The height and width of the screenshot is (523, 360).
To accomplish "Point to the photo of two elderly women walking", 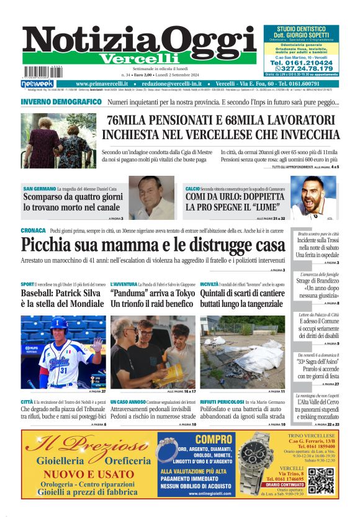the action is pyautogui.click(x=58, y=140).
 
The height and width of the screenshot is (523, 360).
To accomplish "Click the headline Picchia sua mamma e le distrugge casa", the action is pyautogui.click(x=152, y=243).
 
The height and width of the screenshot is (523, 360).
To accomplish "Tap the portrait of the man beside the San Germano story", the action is pyautogui.click(x=151, y=198).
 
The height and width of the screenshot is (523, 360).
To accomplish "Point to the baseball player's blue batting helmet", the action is pyautogui.click(x=61, y=323).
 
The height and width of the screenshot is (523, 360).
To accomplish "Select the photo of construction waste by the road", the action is pyautogui.click(x=242, y=351).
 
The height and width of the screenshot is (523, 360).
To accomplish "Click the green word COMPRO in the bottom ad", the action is pyautogui.click(x=196, y=438).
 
